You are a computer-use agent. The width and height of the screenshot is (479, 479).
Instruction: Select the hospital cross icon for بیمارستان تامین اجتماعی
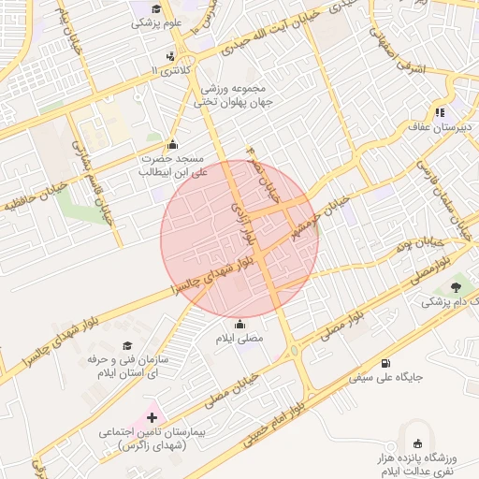coord(152,416)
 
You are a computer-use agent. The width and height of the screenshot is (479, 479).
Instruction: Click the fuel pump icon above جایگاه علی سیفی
coord(385,363)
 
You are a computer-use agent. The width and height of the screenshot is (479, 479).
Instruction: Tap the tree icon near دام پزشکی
coord(456,286)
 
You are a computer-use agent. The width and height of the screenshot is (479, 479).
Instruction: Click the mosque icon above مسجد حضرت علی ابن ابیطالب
coord(171,145)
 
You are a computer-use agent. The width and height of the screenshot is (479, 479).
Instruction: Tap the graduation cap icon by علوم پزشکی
coord(167,7)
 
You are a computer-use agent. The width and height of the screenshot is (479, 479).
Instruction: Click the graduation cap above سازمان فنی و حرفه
coord(127,344)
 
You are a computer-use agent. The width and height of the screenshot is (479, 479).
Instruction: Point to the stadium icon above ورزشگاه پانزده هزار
coord(416,444)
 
